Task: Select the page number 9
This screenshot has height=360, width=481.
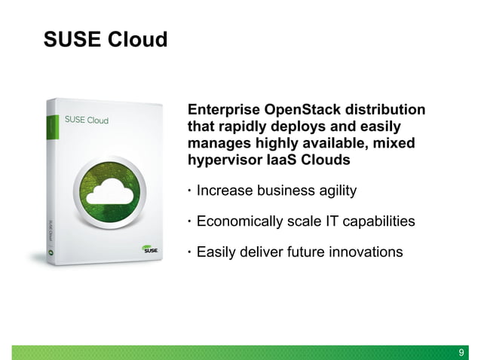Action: pos(463,352)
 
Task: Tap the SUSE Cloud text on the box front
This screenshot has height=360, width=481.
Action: pos(87,121)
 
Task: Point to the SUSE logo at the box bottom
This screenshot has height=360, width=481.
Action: pos(146,250)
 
